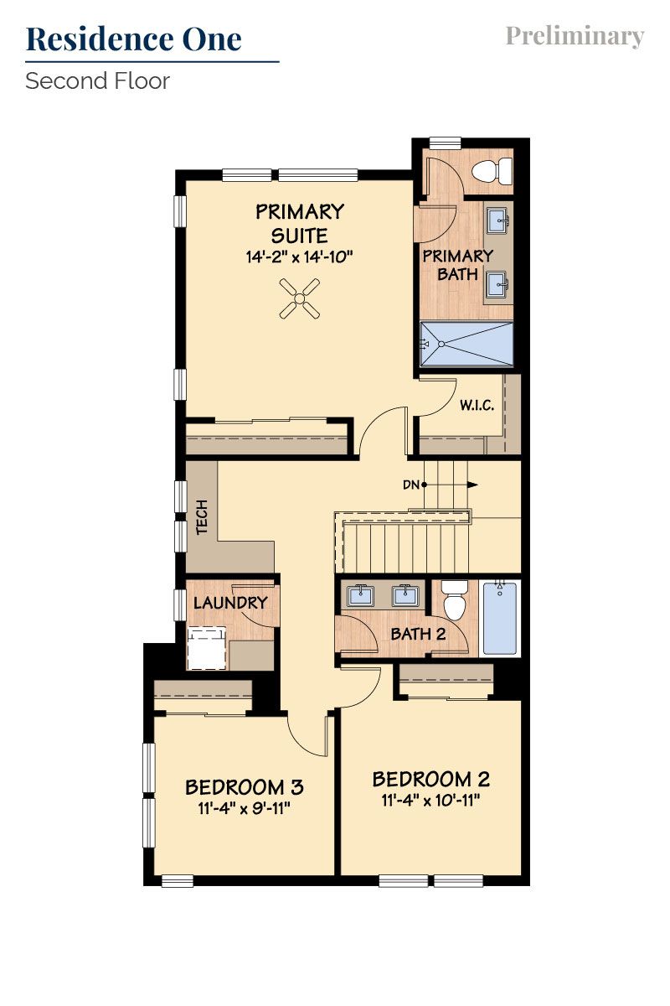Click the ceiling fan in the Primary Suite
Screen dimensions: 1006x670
(299, 299)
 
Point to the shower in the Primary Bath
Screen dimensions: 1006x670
(466, 344)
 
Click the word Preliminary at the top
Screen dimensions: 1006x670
(575, 36)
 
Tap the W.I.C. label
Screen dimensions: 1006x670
(477, 406)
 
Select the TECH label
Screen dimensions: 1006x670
(202, 518)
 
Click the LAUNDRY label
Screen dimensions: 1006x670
(230, 603)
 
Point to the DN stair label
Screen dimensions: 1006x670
(411, 485)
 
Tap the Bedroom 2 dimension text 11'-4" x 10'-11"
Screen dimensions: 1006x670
(431, 800)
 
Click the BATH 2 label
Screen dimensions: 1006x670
(418, 634)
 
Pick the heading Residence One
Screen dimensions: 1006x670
(134, 39)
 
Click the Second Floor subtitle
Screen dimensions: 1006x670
(97, 81)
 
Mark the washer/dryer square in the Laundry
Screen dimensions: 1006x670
(207, 647)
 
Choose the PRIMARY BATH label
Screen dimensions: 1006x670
(457, 265)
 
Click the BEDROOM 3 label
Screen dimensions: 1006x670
(244, 787)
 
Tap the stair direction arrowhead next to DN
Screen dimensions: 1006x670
(473, 485)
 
